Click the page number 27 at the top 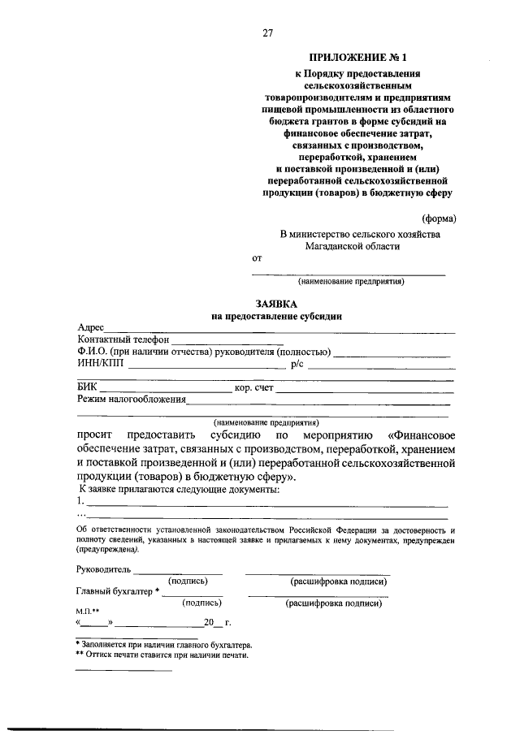point(267,32)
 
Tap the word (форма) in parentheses point(439,218)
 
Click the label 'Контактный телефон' point(123,339)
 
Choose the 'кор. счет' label point(253,388)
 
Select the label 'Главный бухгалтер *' point(117,591)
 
